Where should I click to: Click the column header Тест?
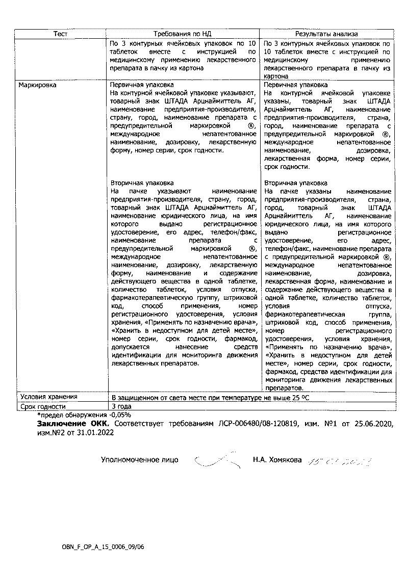click(61, 34)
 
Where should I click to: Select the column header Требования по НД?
click(183, 34)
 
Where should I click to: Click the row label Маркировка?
click(37, 85)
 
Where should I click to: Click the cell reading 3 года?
click(121, 406)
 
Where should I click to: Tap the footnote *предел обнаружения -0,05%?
click(84, 415)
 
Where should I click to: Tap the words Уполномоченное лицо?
click(139, 460)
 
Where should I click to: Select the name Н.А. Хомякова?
click(277, 460)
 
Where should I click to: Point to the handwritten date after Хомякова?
click(339, 461)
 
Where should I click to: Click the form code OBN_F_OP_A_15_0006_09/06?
click(103, 547)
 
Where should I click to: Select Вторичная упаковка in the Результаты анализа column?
click(296, 183)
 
